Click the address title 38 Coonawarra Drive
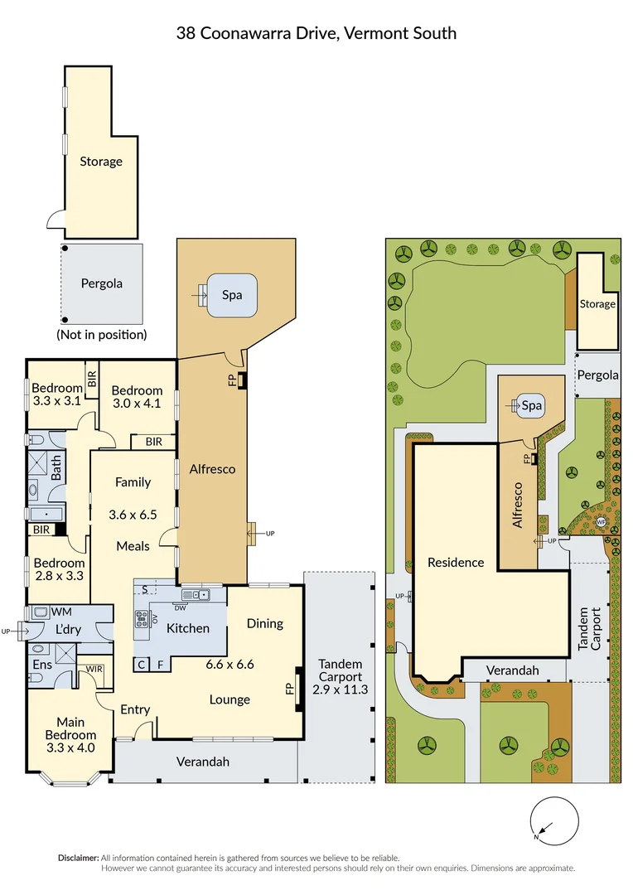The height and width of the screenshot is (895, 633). (x=316, y=33)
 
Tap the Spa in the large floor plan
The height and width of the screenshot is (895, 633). (x=231, y=294)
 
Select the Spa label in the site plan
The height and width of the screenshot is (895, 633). (x=531, y=406)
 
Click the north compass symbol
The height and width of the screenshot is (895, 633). (x=547, y=821)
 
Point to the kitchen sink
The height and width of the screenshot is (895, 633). (x=196, y=593)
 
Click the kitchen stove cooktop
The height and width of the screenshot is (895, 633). (x=142, y=617)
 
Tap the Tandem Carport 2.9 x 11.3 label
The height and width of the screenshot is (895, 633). (x=338, y=676)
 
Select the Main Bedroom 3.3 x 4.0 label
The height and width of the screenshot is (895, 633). (x=76, y=734)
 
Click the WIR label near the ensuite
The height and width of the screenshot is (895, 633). (x=93, y=668)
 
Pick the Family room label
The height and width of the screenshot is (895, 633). (x=133, y=481)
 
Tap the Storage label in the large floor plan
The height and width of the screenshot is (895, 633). (x=100, y=162)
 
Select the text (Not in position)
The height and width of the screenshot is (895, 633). (x=101, y=335)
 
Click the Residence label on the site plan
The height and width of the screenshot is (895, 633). (x=455, y=562)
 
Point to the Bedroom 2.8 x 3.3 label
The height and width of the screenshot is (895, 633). (x=58, y=568)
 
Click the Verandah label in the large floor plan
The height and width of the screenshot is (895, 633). (x=202, y=761)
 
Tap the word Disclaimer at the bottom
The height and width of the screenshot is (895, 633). (x=78, y=858)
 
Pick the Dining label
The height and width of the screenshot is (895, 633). (x=264, y=623)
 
